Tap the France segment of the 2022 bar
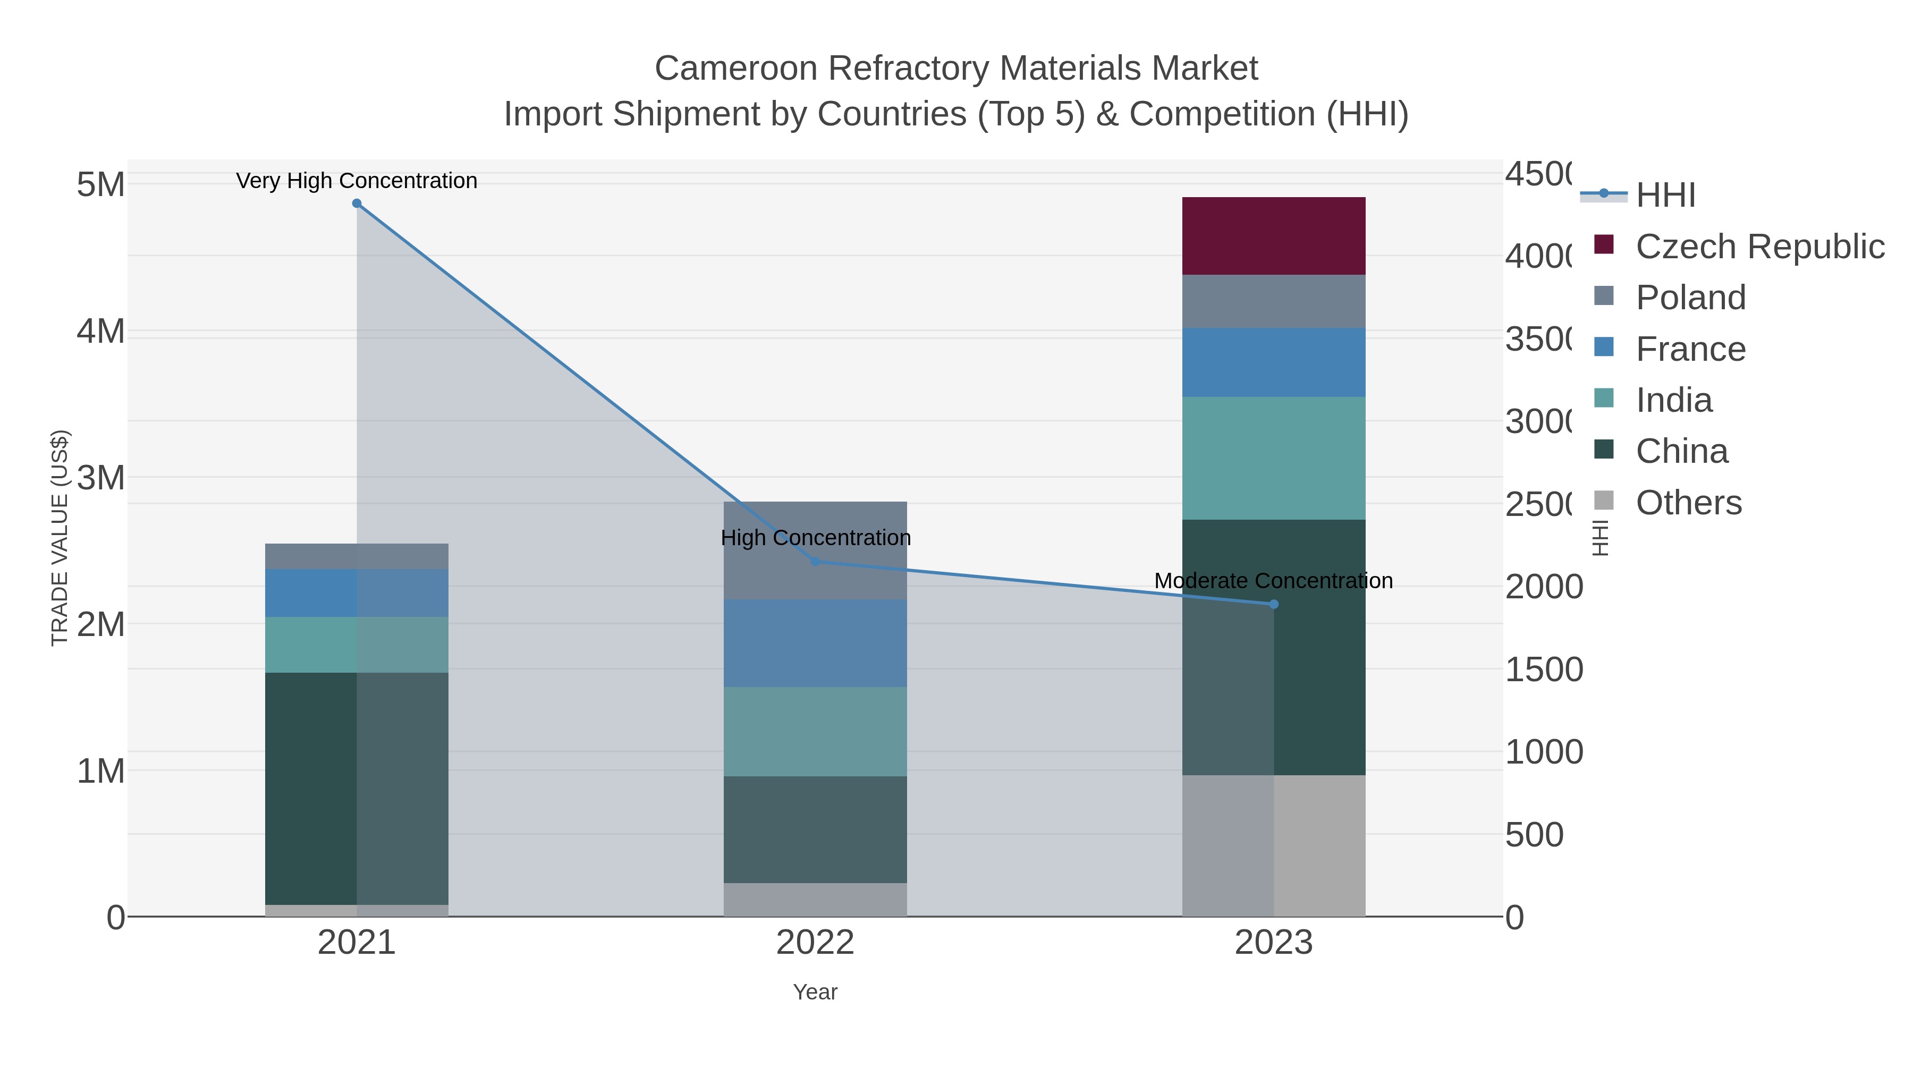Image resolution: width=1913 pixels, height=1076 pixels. [815, 643]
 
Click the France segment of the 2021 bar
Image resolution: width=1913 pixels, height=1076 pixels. [357, 592]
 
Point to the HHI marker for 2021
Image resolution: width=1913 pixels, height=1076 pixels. [357, 204]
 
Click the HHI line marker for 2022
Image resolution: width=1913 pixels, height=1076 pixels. [815, 562]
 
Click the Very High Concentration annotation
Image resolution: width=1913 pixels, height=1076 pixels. [357, 181]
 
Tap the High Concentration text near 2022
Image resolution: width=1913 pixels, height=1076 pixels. [815, 538]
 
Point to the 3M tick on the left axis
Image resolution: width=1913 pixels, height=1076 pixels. [100, 478]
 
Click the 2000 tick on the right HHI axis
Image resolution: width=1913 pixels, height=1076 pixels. [1543, 587]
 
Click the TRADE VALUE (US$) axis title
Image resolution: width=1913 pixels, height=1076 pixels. [60, 538]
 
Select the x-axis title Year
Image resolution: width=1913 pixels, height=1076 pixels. [815, 992]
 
